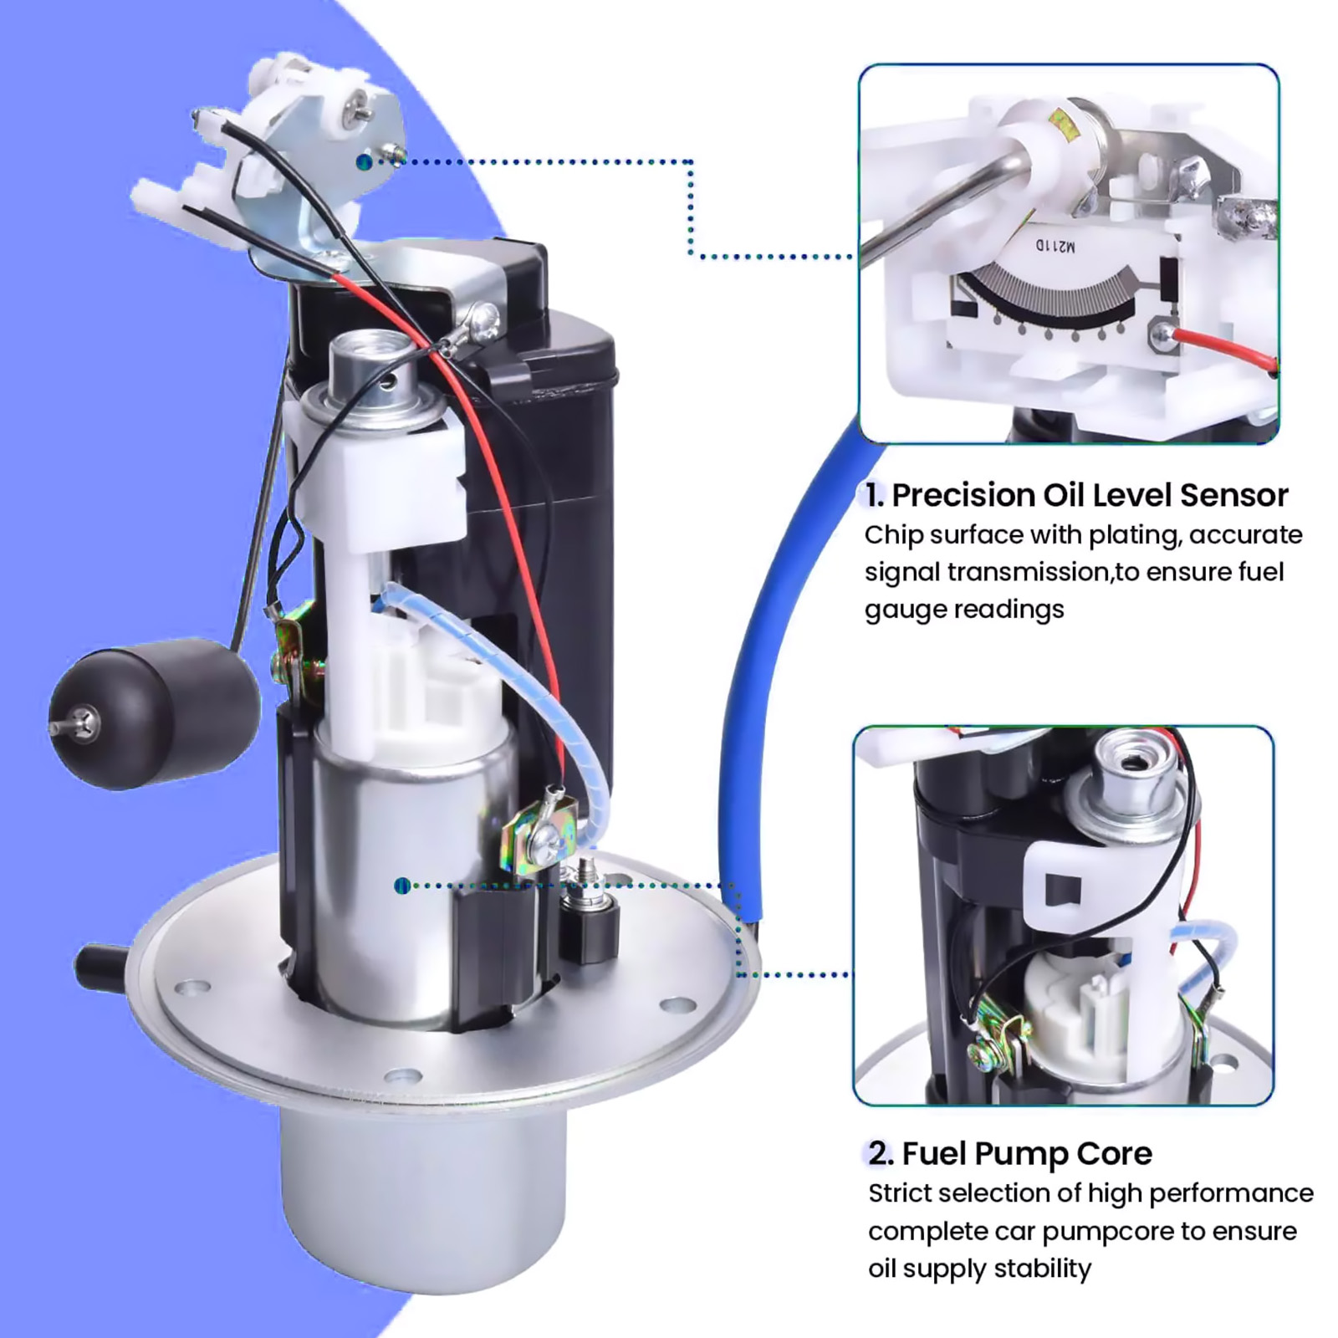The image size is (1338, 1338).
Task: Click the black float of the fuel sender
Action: [x=155, y=713]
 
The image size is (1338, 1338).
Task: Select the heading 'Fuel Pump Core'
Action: [x=1027, y=1154]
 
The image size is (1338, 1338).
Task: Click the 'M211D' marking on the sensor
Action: [x=1055, y=246]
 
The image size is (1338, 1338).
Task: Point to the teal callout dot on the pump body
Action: [x=402, y=885]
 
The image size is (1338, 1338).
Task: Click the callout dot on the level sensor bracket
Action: [x=363, y=161]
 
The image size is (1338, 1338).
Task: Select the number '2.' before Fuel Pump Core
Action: [x=880, y=1154]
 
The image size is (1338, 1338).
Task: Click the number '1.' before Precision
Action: [x=875, y=495]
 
